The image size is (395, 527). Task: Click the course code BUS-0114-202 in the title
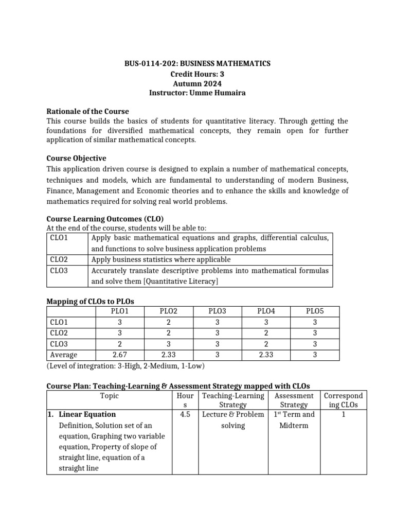click(149, 63)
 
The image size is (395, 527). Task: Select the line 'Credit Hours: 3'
click(197, 73)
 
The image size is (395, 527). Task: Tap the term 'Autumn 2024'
click(197, 83)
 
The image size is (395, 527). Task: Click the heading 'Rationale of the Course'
click(87, 111)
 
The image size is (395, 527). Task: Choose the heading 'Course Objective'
click(76, 158)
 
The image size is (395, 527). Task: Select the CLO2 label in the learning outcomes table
click(60, 259)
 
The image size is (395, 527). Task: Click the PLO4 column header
click(266, 311)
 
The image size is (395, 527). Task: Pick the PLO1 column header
click(120, 311)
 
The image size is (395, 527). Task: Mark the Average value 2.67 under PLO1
click(120, 355)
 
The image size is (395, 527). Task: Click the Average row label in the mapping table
click(64, 355)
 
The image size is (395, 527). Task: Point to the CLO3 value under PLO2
click(169, 344)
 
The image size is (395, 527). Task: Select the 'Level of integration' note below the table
click(125, 366)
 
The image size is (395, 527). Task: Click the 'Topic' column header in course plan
click(109, 396)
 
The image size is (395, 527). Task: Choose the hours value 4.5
click(185, 414)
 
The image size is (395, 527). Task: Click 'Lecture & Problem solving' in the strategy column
click(233, 420)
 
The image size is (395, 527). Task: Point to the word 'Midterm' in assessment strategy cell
click(294, 426)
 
